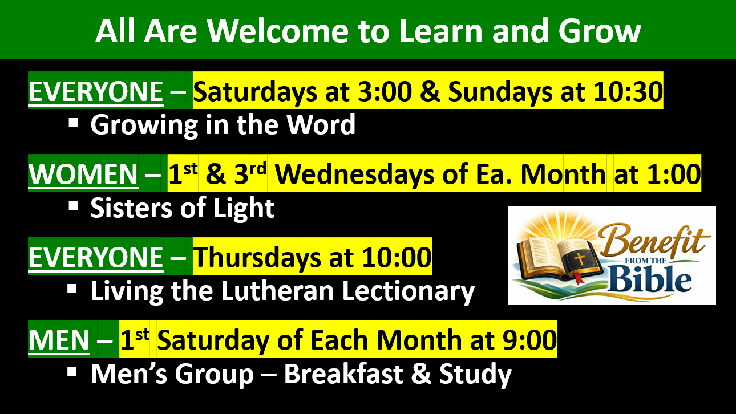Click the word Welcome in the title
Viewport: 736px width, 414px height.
[278, 31]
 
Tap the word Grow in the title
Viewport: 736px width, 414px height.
[599, 31]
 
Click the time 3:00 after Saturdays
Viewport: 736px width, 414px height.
[385, 91]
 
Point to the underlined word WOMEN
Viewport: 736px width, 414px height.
[83, 174]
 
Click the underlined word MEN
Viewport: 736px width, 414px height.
[59, 340]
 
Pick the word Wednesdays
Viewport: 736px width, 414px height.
[354, 174]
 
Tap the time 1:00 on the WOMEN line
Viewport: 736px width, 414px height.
[674, 174]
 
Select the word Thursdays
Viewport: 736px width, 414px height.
[257, 257]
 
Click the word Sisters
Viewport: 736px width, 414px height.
[131, 208]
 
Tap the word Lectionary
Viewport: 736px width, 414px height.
[409, 292]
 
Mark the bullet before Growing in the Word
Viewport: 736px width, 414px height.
[74, 123]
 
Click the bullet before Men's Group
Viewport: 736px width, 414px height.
[72, 372]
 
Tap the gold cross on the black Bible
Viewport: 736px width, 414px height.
[579, 259]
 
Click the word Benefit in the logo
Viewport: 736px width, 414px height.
[652, 241]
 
